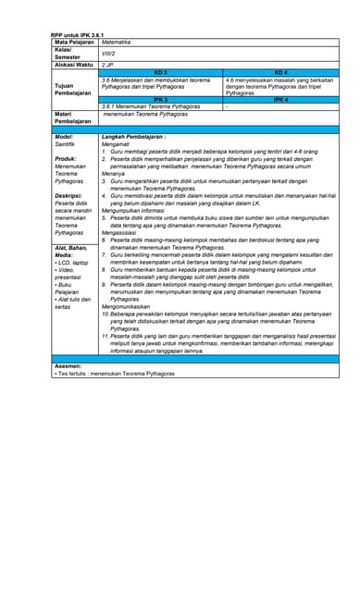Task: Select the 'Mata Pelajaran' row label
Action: tap(73, 43)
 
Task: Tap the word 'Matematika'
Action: tap(117, 43)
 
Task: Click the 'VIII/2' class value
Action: tap(108, 54)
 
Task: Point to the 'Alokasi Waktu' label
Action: tap(74, 66)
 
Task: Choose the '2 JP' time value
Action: tap(107, 66)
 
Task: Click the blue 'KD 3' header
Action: tap(160, 72)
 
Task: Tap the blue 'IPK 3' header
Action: tap(160, 99)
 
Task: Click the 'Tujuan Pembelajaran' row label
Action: tap(73, 89)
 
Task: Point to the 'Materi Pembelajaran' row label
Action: tap(73, 117)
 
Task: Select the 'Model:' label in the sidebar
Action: tap(65, 136)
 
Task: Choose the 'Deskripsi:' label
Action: tap(68, 195)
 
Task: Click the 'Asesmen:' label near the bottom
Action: tap(69, 366)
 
